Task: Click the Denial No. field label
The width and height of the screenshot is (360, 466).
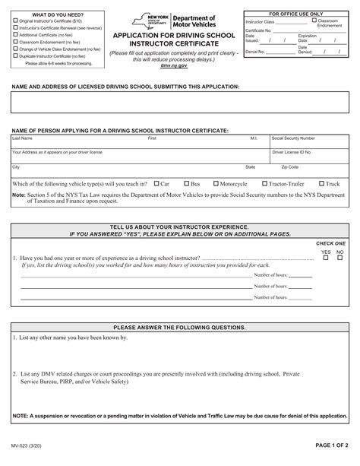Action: tap(256, 52)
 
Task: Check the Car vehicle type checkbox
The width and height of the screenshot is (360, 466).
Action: tap(156, 183)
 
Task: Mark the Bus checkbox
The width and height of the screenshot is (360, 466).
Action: tap(185, 183)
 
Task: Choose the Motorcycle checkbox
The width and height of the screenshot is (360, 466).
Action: tap(216, 183)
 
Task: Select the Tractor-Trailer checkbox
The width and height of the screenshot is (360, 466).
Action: tap(264, 183)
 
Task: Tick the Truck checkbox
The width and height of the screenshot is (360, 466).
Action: tap(322, 183)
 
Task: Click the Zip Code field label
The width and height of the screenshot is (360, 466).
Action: tap(290, 166)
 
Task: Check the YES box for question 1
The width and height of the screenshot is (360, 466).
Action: tap(325, 258)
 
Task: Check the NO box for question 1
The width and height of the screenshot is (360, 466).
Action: tap(339, 258)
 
